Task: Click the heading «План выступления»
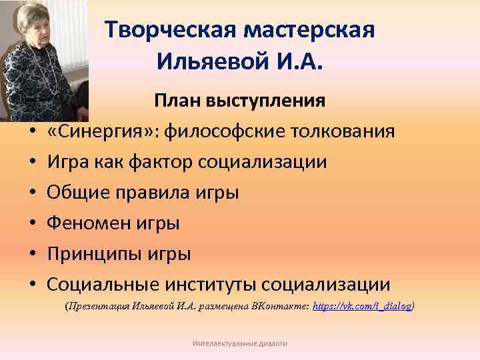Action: coord(240,101)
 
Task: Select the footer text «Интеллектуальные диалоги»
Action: coord(239,343)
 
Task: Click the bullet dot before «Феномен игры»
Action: coord(32,224)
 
